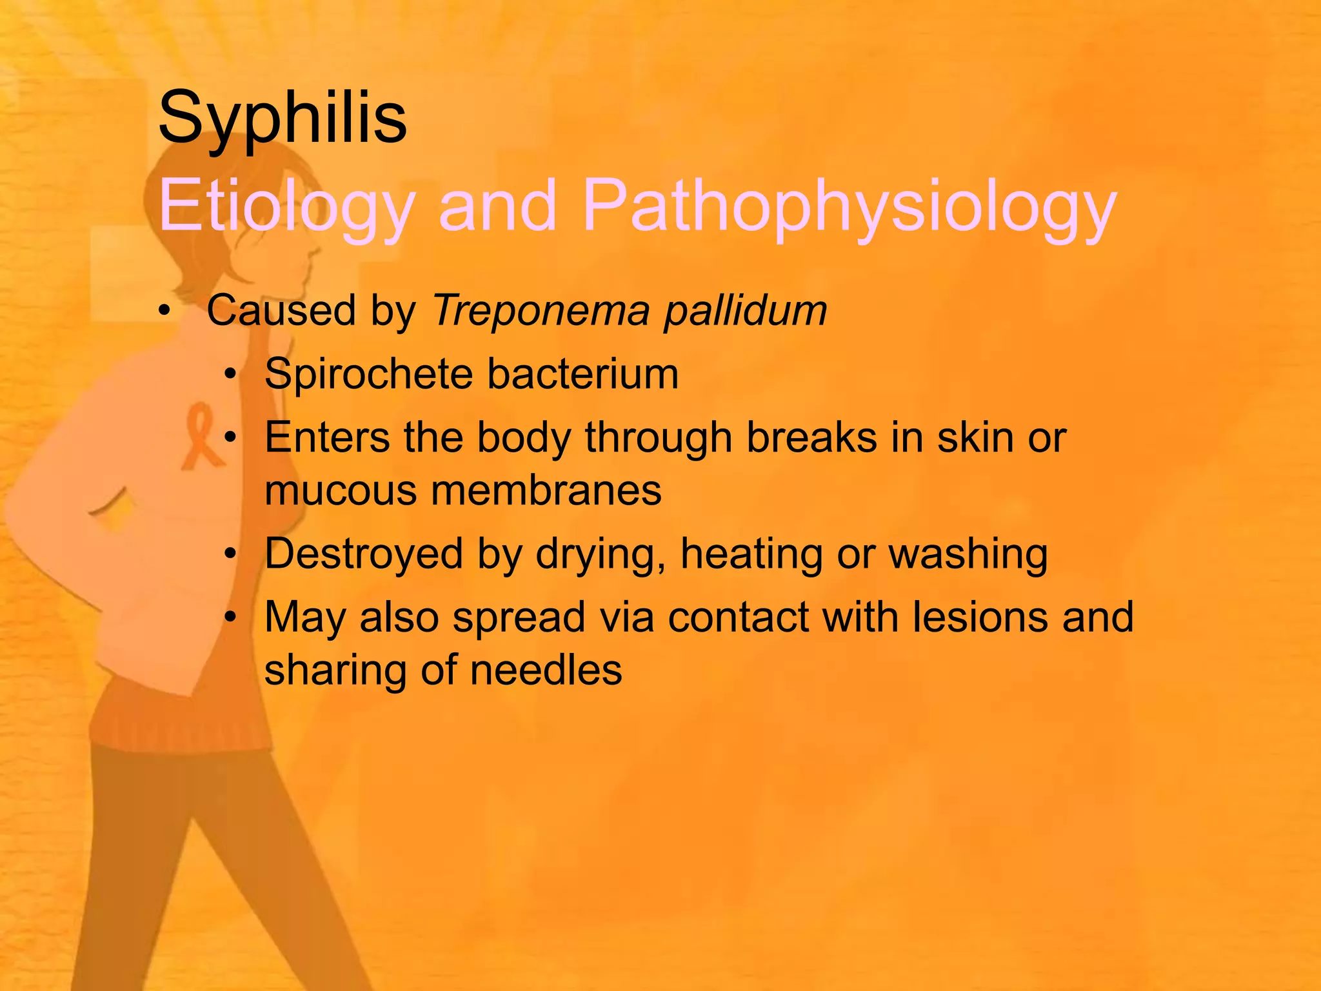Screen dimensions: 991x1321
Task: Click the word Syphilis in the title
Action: (282, 118)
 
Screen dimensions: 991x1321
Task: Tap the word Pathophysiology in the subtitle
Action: (848, 205)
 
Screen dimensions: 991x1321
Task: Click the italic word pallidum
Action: (746, 311)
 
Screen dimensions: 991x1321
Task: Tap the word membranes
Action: (546, 490)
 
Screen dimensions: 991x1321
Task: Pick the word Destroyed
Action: (364, 554)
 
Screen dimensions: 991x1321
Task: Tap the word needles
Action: (546, 670)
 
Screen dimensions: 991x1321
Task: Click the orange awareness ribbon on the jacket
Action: (201, 435)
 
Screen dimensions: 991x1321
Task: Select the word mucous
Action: (341, 490)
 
